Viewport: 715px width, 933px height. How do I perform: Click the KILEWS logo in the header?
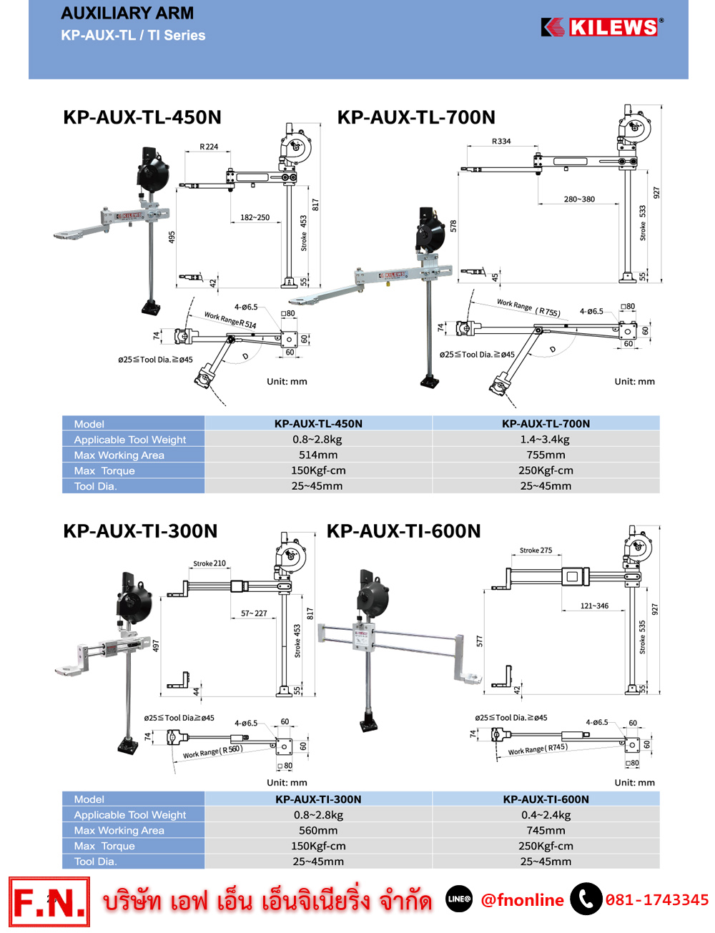[x=602, y=27]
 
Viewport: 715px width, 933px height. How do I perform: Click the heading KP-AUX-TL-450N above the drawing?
[x=142, y=117]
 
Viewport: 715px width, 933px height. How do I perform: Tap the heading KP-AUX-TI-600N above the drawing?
[x=403, y=531]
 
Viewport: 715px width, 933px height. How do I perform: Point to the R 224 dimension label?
[x=209, y=147]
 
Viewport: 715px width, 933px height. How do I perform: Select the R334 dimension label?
[x=501, y=141]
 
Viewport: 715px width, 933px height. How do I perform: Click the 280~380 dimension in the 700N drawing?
[x=579, y=199]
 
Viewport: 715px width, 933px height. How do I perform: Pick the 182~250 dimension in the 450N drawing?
[x=255, y=217]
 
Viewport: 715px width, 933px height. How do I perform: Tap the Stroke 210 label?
[x=209, y=563]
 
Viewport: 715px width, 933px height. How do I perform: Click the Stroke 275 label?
[x=536, y=551]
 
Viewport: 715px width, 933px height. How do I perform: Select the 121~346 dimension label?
[x=594, y=606]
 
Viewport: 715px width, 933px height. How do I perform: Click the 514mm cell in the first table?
[x=318, y=455]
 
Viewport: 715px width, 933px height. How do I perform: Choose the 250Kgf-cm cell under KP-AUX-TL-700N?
[x=546, y=470]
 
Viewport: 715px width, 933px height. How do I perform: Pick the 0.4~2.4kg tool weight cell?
[x=546, y=815]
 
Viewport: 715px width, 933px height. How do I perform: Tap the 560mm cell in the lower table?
[x=318, y=831]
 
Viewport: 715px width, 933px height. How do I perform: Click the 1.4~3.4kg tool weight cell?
[x=546, y=440]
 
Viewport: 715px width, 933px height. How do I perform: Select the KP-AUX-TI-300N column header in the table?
[x=318, y=799]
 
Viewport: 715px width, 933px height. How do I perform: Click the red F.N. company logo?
[x=49, y=902]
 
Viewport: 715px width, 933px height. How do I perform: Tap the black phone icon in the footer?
[x=586, y=899]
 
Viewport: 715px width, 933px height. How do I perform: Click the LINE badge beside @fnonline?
[x=459, y=899]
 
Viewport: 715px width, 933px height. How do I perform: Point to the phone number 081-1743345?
[x=657, y=899]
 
